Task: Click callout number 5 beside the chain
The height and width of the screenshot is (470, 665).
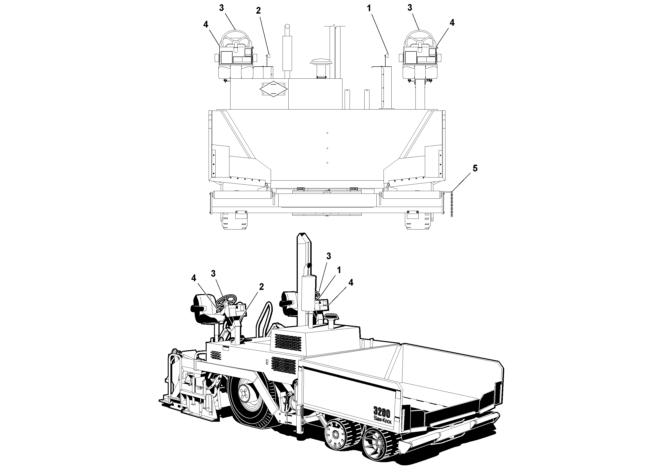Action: [475, 168]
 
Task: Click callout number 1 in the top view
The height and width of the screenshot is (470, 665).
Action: [369, 8]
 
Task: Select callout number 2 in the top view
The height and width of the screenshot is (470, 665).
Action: [258, 11]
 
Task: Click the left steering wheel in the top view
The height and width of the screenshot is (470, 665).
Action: [235, 39]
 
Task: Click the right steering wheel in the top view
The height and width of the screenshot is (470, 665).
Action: [419, 39]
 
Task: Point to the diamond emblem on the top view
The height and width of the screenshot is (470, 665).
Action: [273, 89]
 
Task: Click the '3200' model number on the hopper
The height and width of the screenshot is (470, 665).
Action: [382, 412]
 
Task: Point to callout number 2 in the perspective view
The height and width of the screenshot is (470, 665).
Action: [261, 287]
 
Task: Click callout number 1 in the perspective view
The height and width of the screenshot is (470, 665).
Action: [339, 270]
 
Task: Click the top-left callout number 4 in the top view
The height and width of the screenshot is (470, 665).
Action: [206, 25]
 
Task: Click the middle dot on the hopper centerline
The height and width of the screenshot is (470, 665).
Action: [327, 148]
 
